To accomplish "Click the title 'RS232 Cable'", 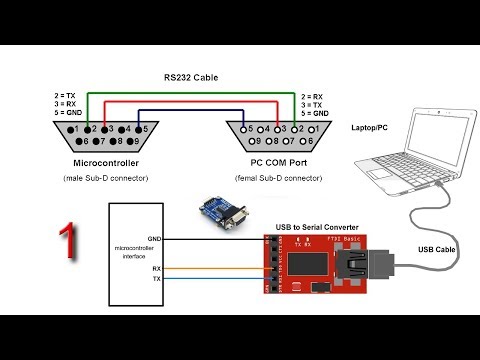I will [x=191, y=77].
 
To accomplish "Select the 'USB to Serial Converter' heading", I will [x=315, y=227].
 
